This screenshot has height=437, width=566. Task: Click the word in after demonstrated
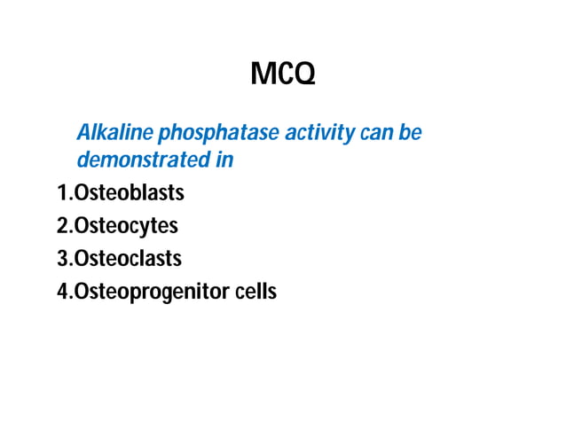coord(225,160)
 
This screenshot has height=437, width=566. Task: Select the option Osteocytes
coord(126,226)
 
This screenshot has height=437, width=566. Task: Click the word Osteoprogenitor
coord(152,292)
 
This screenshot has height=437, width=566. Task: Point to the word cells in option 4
coord(256,291)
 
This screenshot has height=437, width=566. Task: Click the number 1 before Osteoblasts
coord(62,192)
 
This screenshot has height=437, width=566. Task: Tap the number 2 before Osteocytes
coord(62,226)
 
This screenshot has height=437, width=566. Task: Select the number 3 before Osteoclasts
coord(62,259)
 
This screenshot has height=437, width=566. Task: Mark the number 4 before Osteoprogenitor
coord(62,291)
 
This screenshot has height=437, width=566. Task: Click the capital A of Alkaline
coord(84,134)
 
